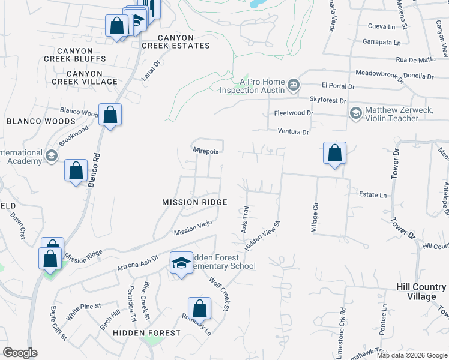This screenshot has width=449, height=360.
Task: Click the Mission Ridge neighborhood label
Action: click(194, 202)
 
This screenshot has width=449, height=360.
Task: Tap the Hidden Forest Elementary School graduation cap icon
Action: click(181, 263)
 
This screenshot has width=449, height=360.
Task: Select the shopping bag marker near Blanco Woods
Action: click(110, 115)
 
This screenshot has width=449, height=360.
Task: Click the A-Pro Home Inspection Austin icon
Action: click(294, 85)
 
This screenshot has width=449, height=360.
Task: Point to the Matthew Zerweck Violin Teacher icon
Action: click(356, 113)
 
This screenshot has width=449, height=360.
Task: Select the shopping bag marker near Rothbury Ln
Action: click(200, 308)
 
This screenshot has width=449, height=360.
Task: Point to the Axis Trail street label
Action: click(244, 220)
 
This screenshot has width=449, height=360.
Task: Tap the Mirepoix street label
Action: click(205, 152)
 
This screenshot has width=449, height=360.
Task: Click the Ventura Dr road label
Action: click(293, 132)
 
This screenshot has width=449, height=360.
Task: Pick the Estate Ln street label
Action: click(373, 195)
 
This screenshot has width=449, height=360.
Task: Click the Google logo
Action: click(20, 353)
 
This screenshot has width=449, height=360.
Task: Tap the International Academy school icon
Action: click(52, 156)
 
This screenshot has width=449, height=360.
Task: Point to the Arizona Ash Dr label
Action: click(137, 262)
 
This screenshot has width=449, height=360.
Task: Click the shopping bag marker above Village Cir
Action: click(334, 153)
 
